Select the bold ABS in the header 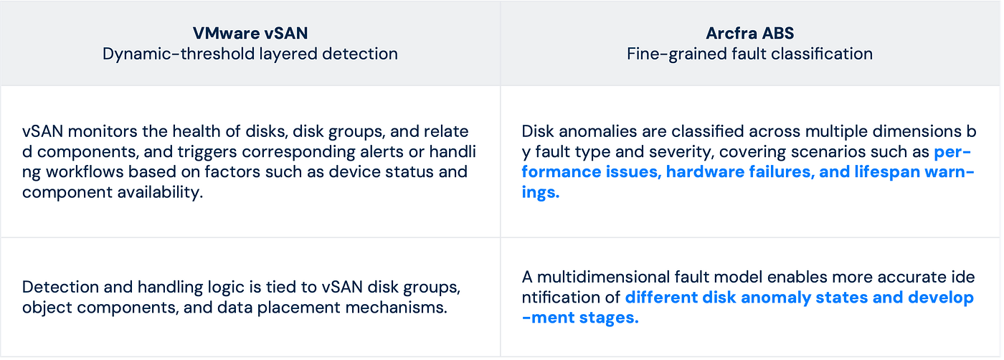[780, 33]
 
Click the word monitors [102, 131]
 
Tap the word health [196, 131]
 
